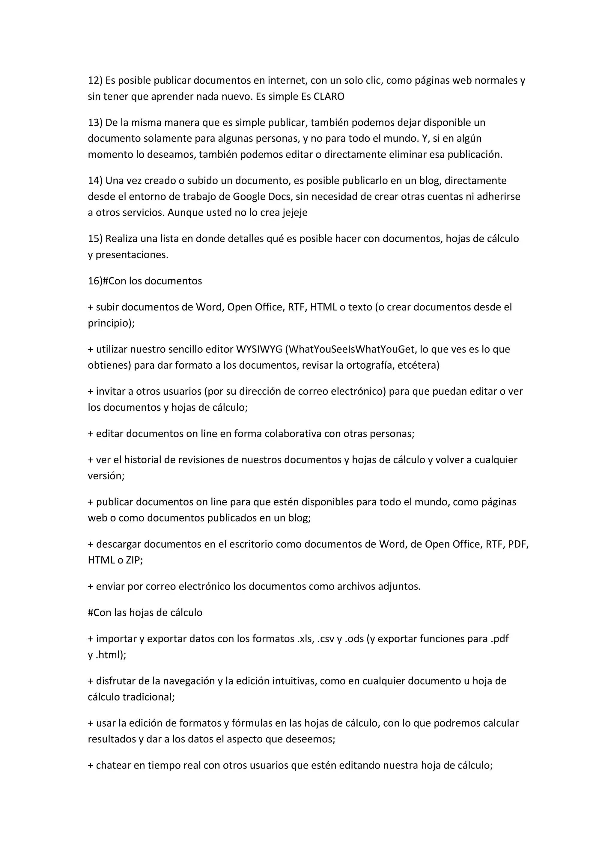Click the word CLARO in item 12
(329, 97)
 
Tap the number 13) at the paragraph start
(95, 123)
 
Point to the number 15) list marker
(95, 239)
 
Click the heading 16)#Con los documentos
(145, 281)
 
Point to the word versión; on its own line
(106, 476)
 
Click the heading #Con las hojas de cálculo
(145, 613)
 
